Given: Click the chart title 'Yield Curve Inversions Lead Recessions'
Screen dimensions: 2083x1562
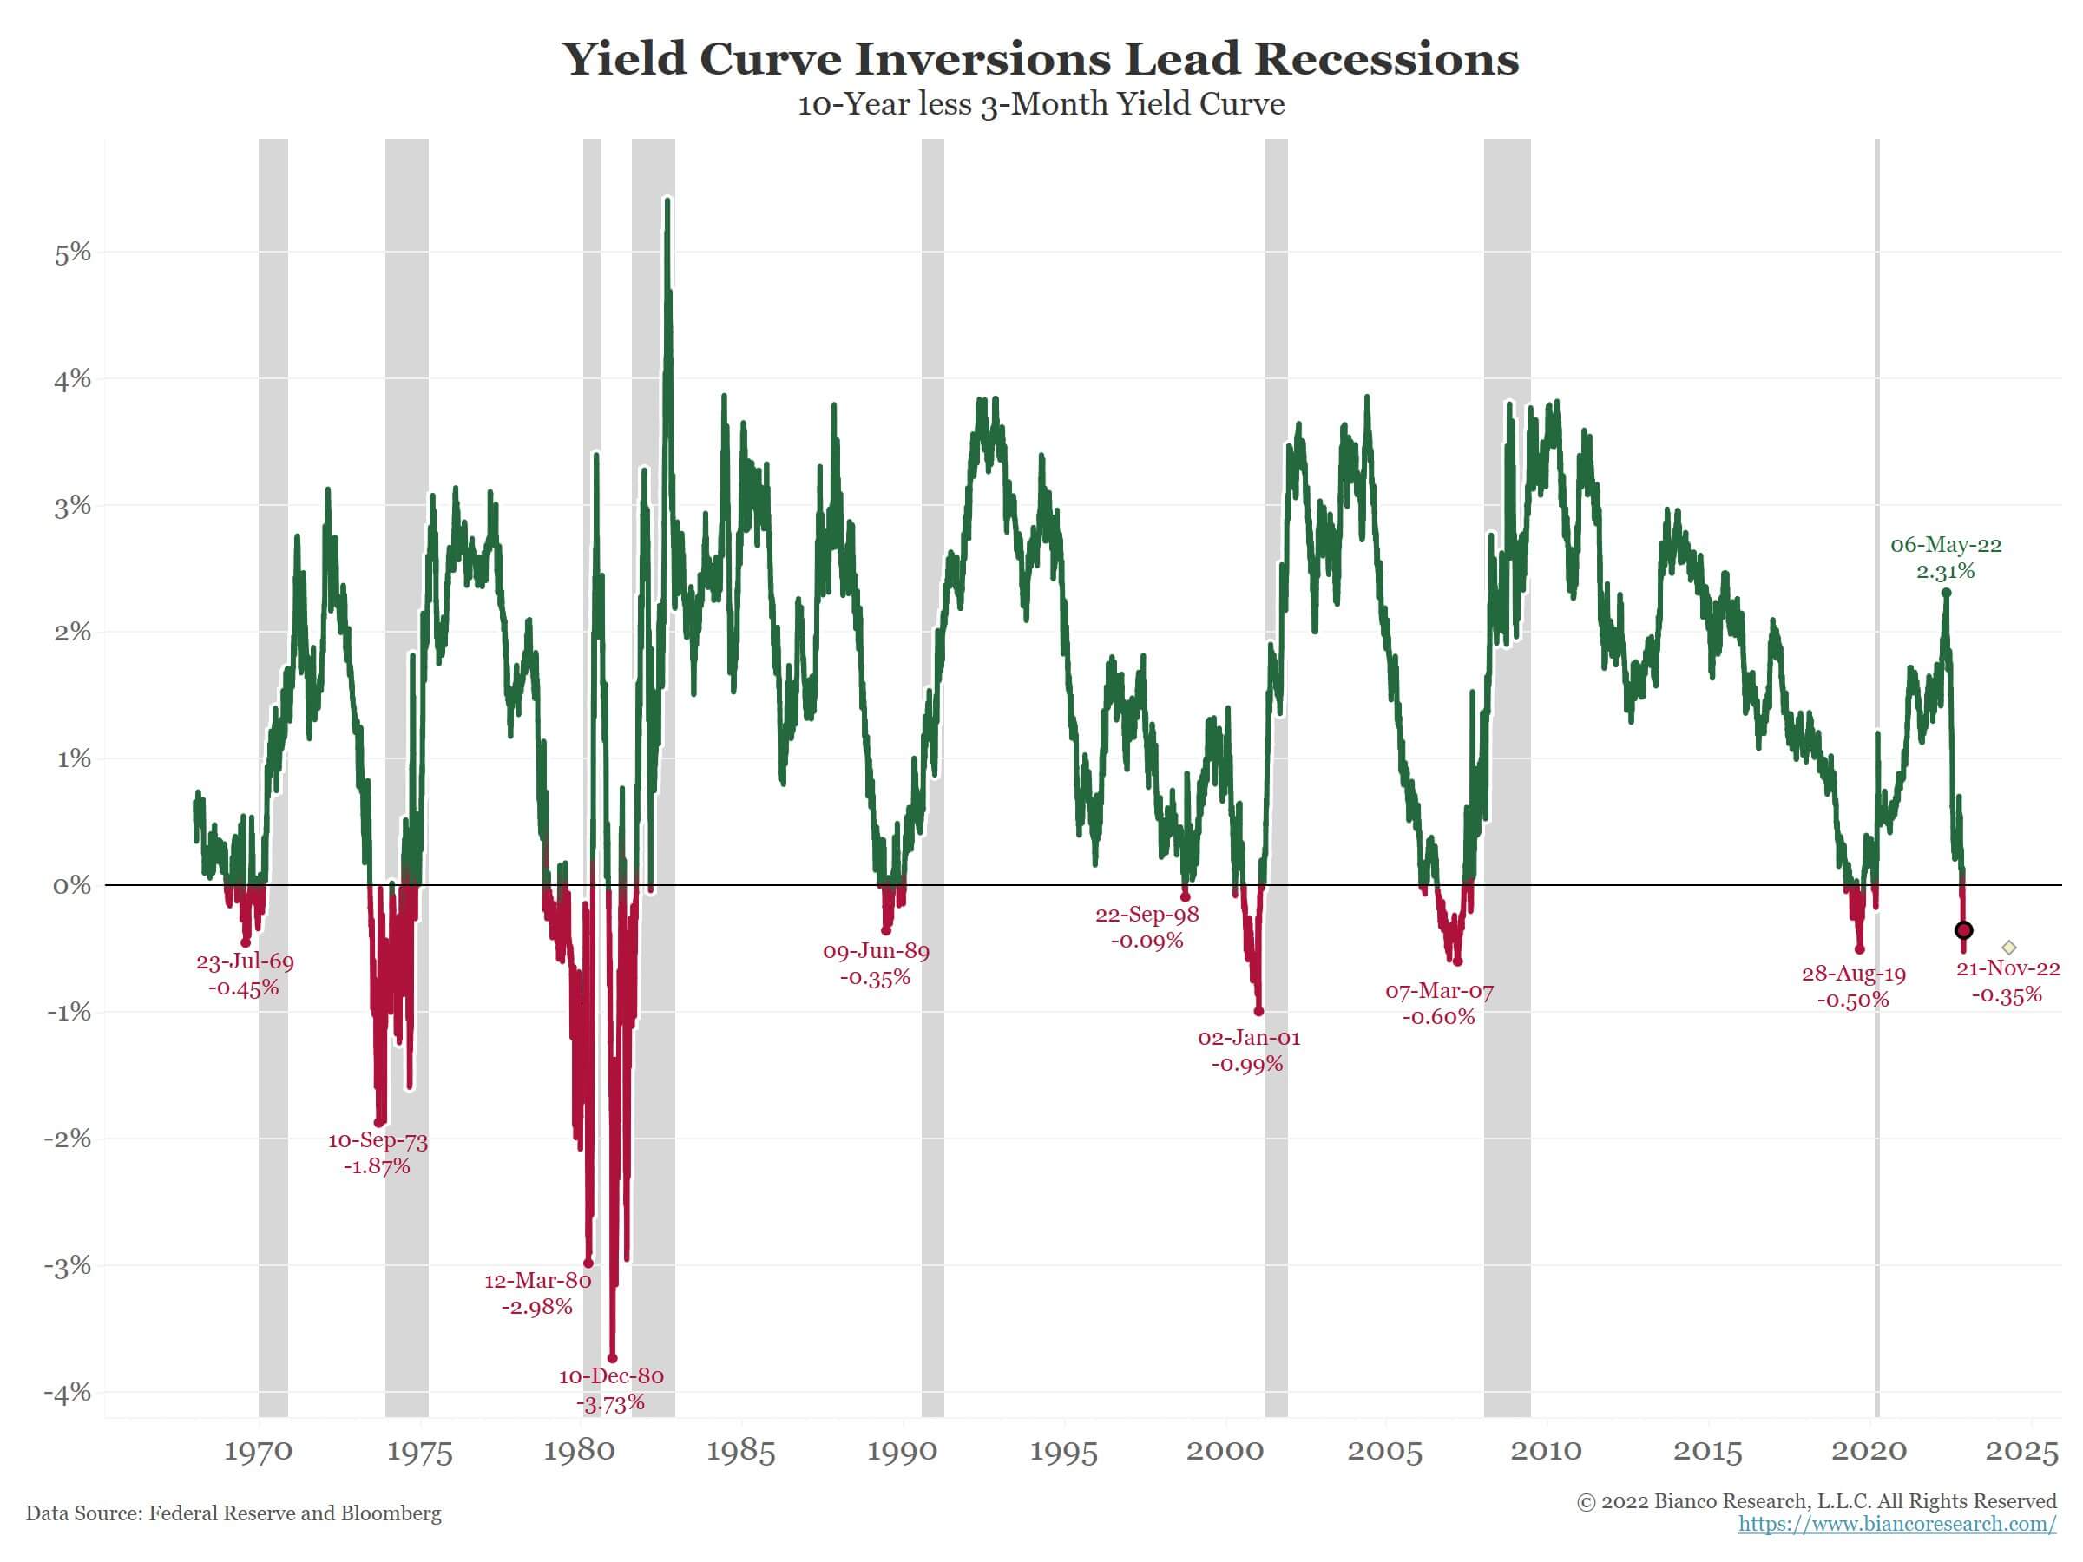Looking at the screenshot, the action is pyautogui.click(x=1041, y=58).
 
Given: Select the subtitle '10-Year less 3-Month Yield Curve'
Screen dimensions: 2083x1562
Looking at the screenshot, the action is pyautogui.click(x=1041, y=103).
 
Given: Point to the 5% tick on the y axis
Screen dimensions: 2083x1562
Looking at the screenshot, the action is pyautogui.click(x=73, y=253).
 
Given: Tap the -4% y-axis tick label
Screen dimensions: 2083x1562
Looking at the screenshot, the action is pyautogui.click(x=68, y=1392).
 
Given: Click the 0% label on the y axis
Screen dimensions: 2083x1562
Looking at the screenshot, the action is pyautogui.click(x=73, y=885).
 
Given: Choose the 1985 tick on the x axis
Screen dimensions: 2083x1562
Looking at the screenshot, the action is pyautogui.click(x=741, y=1451).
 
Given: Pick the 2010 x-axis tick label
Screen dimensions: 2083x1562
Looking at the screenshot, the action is pyautogui.click(x=1547, y=1451).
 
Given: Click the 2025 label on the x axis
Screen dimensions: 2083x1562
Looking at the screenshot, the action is pyautogui.click(x=2021, y=1451).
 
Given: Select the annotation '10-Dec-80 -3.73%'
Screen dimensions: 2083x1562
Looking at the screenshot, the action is pyautogui.click(x=611, y=1389).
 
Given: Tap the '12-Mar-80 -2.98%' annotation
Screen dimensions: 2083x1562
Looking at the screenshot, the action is pyautogui.click(x=538, y=1294).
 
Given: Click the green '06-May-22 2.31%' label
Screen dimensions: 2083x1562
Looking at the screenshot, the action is pyautogui.click(x=1946, y=557).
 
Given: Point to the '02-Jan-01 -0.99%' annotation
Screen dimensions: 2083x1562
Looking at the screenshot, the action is pyautogui.click(x=1249, y=1051).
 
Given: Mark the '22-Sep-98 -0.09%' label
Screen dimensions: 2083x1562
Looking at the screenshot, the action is pyautogui.click(x=1147, y=928).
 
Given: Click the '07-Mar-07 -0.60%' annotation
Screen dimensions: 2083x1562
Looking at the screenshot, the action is pyautogui.click(x=1439, y=1004).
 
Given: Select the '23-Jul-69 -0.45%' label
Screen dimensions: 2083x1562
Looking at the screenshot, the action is pyautogui.click(x=245, y=975).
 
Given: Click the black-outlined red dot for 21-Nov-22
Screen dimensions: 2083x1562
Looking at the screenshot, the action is pyautogui.click(x=1963, y=930).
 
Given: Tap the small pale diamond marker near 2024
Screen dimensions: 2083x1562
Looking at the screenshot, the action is pyautogui.click(x=2008, y=948).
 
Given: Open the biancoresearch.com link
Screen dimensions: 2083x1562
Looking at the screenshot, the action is pyautogui.click(x=1897, y=1525).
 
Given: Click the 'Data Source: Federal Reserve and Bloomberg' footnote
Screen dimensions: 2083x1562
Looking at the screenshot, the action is pyautogui.click(x=233, y=1513).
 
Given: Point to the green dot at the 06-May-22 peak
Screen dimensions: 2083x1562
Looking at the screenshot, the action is pyautogui.click(x=1946, y=594).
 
